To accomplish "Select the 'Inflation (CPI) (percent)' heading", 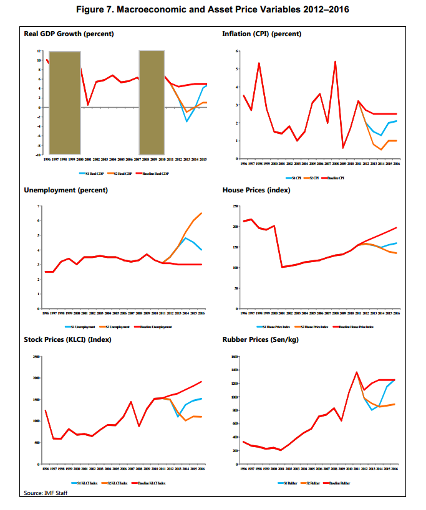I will [x=261, y=34].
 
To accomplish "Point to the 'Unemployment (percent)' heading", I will [x=65, y=189].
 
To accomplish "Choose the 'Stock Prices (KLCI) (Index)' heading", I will [x=74, y=340].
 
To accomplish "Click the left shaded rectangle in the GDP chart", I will [x=64, y=102].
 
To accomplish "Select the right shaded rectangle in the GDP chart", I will [x=151, y=102].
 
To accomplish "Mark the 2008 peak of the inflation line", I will [x=336, y=62].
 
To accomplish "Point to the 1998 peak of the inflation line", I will [x=259, y=63].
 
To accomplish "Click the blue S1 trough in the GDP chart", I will [x=186, y=121].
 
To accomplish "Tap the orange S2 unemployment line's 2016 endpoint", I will [x=201, y=213].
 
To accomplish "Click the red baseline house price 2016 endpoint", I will [x=396, y=228].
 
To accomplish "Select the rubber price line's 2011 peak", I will [x=357, y=372].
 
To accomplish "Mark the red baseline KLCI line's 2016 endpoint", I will [x=201, y=382].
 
